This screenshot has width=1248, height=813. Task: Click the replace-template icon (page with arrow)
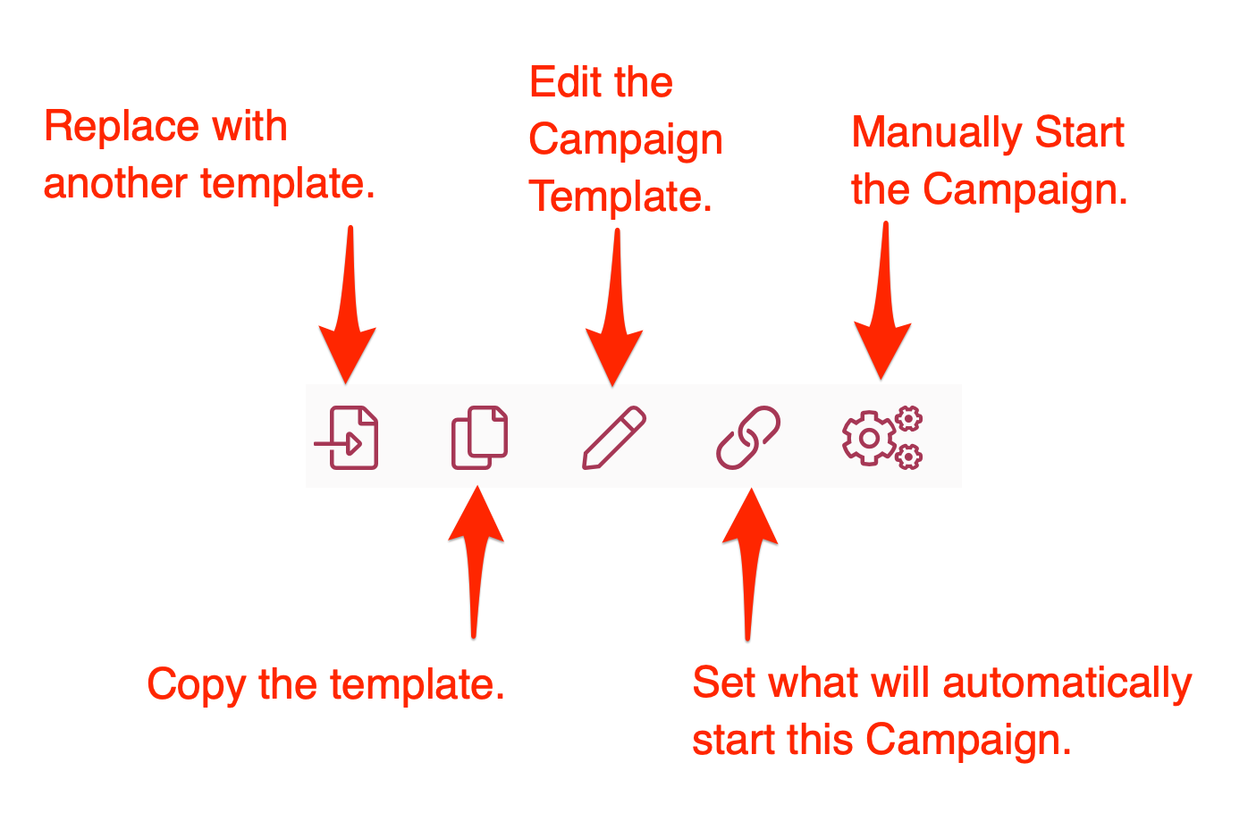(x=348, y=438)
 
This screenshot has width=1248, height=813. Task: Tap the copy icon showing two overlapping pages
(x=480, y=437)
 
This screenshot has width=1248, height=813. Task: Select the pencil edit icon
(x=614, y=437)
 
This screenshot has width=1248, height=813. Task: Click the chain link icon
(x=748, y=437)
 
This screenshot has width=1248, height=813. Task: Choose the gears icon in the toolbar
(x=881, y=438)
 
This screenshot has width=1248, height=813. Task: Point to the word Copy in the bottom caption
(x=196, y=685)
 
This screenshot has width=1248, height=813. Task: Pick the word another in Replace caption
(x=115, y=183)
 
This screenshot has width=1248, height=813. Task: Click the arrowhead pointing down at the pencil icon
(x=614, y=357)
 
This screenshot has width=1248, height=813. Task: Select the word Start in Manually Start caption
(x=1079, y=133)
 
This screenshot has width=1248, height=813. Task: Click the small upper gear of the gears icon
(x=909, y=418)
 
